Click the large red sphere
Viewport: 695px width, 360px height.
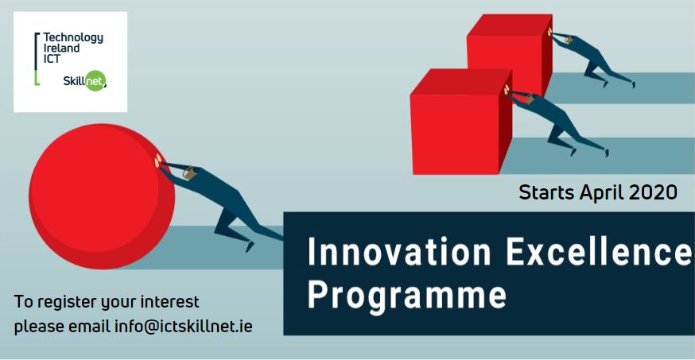[x=102, y=196]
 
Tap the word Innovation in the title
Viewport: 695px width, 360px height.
[x=399, y=251]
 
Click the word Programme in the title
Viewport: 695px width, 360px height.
[x=407, y=296]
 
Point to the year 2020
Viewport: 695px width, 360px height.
[x=653, y=192]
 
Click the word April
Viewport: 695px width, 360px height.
[x=602, y=193]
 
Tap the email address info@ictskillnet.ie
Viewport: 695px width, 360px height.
[x=184, y=327]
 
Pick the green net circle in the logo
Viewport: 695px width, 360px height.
[x=95, y=80]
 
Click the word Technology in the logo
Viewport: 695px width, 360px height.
[x=73, y=37]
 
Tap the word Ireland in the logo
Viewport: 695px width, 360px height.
[x=61, y=48]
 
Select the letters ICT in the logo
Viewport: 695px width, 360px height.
[x=52, y=59]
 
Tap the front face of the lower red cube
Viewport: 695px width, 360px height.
[x=455, y=134]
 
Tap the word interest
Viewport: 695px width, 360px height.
[x=169, y=302]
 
